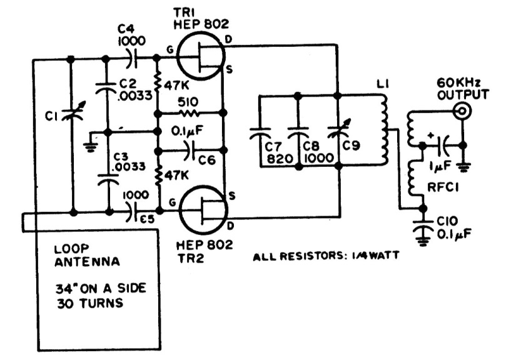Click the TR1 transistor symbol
pyautogui.click(x=200, y=59)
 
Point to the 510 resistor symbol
pyautogui.click(x=189, y=114)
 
